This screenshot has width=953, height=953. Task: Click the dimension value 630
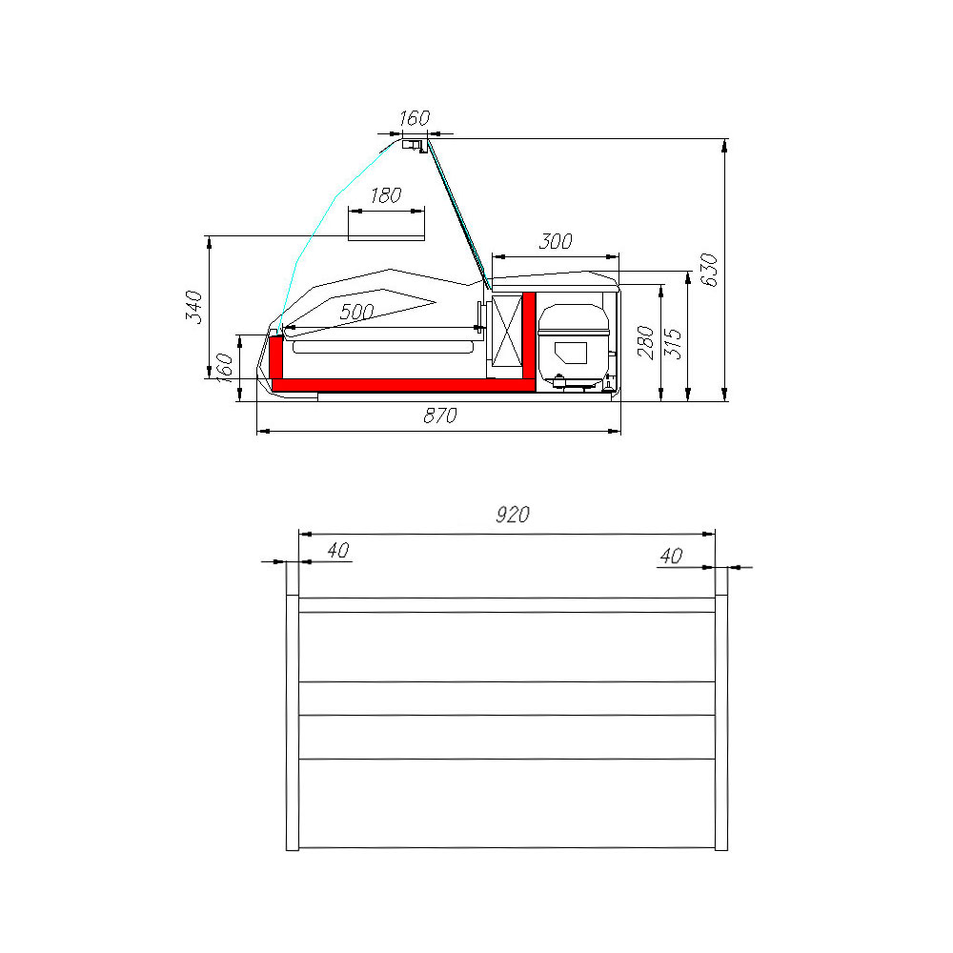click(709, 270)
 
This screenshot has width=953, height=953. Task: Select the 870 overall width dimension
click(440, 416)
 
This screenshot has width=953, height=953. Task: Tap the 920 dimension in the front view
click(513, 515)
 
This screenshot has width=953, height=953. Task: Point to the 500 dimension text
click(356, 313)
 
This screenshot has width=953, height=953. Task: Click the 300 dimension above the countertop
click(556, 241)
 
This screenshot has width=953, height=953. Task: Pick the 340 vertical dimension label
click(193, 307)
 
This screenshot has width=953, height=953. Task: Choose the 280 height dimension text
click(646, 343)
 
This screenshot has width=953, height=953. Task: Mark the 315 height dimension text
click(674, 344)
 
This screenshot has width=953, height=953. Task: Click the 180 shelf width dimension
click(385, 195)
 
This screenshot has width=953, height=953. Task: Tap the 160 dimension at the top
click(415, 117)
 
